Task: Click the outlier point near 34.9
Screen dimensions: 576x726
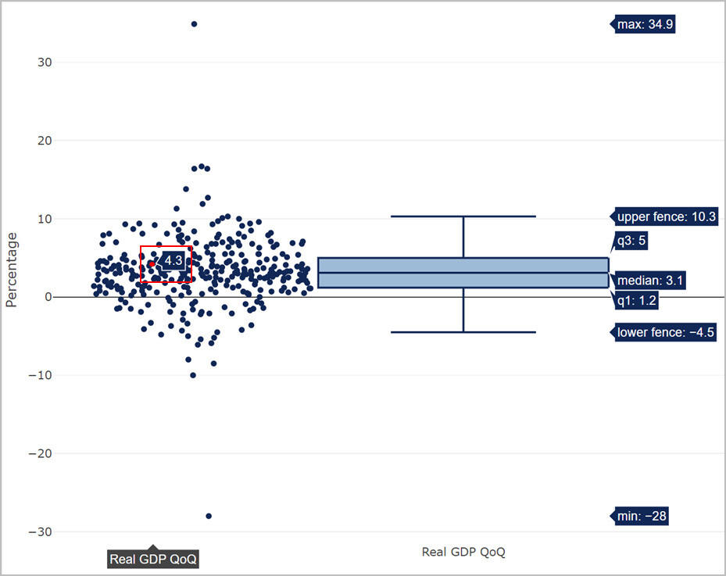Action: pyautogui.click(x=195, y=24)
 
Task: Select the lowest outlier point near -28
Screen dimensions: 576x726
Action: pyautogui.click(x=209, y=516)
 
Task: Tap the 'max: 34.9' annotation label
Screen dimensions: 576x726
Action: pyautogui.click(x=645, y=24)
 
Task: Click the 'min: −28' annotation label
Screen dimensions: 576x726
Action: pyautogui.click(x=642, y=516)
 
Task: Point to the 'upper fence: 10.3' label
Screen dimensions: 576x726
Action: pyautogui.click(x=666, y=216)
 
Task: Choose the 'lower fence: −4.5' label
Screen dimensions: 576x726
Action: pyautogui.click(x=665, y=332)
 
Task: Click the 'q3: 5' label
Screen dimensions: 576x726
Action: pyautogui.click(x=631, y=241)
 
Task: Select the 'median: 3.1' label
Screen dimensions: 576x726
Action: pyautogui.click(x=650, y=280)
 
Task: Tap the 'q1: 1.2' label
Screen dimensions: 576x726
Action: pyautogui.click(x=636, y=300)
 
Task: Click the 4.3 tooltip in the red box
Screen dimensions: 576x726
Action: pyautogui.click(x=173, y=259)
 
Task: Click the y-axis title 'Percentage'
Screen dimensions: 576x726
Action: pyautogui.click(x=11, y=270)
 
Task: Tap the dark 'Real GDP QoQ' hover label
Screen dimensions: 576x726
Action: pyautogui.click(x=153, y=559)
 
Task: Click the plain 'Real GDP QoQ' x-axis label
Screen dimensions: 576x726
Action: pyautogui.click(x=463, y=552)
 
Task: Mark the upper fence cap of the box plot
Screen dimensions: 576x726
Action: pyautogui.click(x=463, y=216)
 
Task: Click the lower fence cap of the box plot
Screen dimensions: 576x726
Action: pyautogui.click(x=463, y=332)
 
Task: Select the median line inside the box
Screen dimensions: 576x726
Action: pyautogui.click(x=463, y=273)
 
